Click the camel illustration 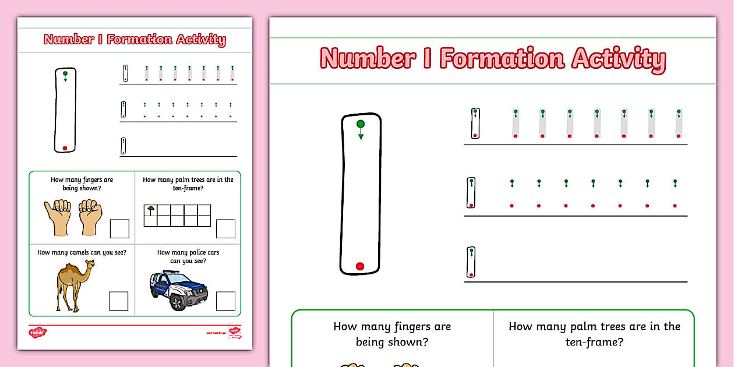click(74, 285)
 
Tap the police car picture click(178, 289)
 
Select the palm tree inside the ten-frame click(151, 209)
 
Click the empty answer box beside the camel click(118, 301)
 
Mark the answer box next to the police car click(225, 301)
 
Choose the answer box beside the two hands click(119, 228)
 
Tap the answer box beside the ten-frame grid click(225, 228)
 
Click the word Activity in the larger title click(619, 59)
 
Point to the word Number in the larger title click(368, 59)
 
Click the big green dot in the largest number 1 click(361, 123)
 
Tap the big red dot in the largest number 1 click(360, 266)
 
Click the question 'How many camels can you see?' click(82, 252)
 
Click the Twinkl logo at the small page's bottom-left click(37, 333)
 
